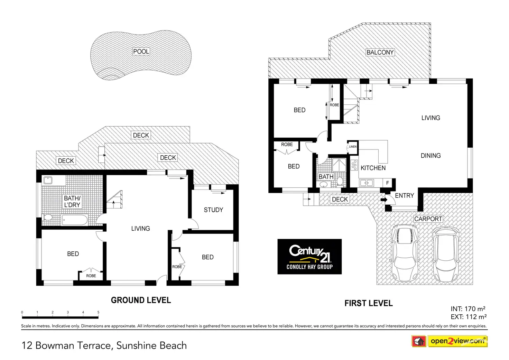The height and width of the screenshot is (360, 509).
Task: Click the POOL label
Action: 141,52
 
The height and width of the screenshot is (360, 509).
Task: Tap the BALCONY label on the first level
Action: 380,52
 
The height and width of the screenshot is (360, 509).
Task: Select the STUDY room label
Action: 213,210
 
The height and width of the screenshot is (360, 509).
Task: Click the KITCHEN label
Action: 373,168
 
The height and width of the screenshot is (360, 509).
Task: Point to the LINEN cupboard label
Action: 353,147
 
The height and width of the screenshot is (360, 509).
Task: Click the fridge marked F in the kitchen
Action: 387,183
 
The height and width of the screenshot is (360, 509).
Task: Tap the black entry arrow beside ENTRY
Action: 384,200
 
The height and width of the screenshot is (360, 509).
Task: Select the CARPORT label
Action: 428,219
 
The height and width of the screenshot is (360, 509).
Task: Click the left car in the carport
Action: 405,253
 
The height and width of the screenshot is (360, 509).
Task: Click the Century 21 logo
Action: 309,256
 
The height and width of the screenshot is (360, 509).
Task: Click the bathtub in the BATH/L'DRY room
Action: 75,220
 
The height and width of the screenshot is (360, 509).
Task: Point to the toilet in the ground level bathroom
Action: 47,218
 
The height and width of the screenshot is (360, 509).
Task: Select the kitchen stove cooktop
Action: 354,165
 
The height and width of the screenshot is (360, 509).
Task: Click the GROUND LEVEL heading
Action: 141,300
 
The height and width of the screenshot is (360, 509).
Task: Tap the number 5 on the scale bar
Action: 99,312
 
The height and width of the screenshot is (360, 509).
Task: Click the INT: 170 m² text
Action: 468,309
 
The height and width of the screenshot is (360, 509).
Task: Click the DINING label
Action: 431,156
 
